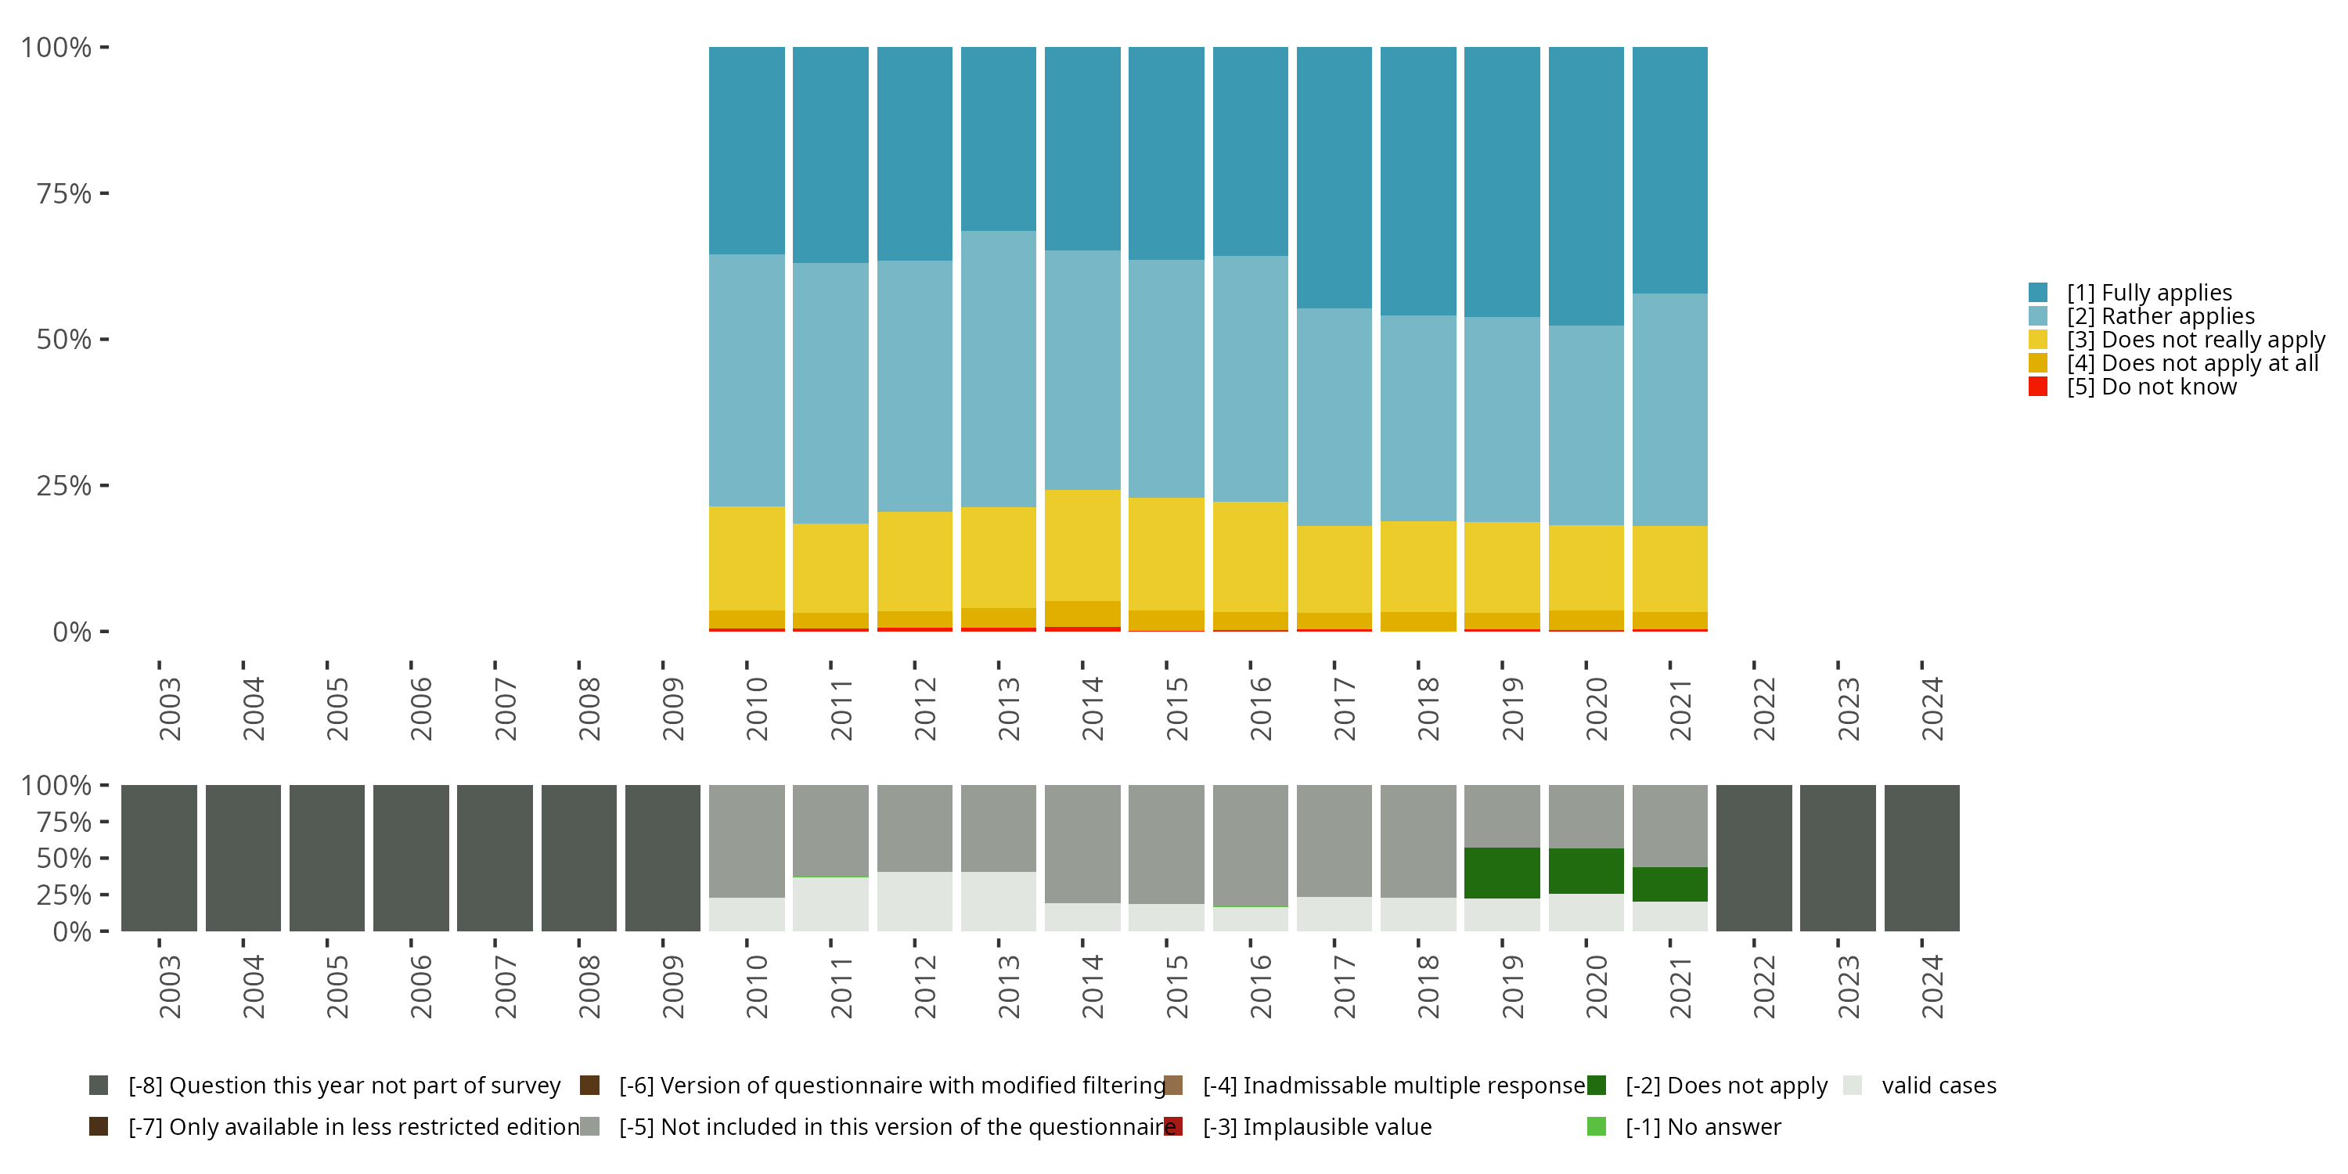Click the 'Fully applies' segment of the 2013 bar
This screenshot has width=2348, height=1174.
point(998,139)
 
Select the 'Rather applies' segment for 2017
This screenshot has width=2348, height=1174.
point(1334,416)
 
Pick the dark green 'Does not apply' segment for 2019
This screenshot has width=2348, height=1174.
point(1501,873)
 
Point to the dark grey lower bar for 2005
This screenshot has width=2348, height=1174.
point(326,858)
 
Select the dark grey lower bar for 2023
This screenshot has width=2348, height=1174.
point(1838,858)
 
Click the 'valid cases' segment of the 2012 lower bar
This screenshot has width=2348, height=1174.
point(914,902)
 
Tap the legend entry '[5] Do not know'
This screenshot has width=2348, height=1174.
point(2133,387)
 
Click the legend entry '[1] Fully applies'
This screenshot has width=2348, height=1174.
point(2130,293)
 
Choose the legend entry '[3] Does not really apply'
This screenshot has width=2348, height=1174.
point(2177,339)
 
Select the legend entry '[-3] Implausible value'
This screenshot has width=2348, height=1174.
point(1299,1126)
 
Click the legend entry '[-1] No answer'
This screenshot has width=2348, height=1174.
point(1684,1126)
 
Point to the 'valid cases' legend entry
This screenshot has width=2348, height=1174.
point(1921,1086)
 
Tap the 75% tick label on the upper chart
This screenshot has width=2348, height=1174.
point(64,193)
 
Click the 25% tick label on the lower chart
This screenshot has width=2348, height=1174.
point(64,894)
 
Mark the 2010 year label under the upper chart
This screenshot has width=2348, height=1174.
point(757,708)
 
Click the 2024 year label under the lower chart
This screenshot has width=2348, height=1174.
point(1932,986)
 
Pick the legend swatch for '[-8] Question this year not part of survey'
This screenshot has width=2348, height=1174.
point(99,1086)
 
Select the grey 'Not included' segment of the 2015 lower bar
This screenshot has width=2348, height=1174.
point(1166,844)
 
